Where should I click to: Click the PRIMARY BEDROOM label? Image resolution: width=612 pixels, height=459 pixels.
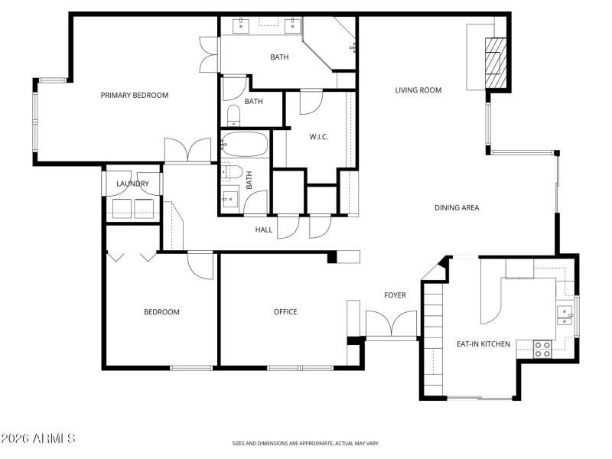coord(135,95)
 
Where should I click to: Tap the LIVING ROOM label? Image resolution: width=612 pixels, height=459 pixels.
coord(418,90)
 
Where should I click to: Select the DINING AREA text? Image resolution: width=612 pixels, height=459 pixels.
coord(457,207)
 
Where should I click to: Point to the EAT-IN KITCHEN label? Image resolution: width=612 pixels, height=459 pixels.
coord(483,344)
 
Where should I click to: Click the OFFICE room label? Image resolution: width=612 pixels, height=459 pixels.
coord(285,311)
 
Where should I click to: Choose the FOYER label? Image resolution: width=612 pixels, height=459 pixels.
coord(395,295)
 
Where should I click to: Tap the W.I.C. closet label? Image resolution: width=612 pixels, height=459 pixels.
coord(319,137)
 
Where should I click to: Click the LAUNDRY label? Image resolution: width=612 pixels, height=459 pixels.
coord(132,184)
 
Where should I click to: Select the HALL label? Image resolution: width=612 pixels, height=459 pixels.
coord(264,229)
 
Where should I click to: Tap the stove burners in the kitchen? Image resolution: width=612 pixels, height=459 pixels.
coord(542,349)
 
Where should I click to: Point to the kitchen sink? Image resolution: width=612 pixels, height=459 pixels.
coord(565,315)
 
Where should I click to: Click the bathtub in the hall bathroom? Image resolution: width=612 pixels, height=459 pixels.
coord(245,145)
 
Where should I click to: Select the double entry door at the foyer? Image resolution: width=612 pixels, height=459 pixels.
coord(392,324)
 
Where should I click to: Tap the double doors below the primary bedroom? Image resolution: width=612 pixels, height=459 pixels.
coord(188,151)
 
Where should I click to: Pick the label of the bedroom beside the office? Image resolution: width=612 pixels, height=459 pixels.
coord(162,311)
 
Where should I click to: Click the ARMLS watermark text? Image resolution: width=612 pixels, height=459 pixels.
coord(38,438)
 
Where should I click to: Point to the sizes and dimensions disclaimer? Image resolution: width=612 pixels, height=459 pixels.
coord(306,443)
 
